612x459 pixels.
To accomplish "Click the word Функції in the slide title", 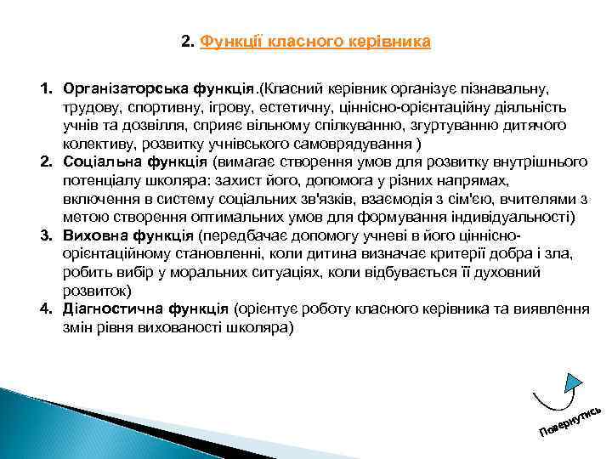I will [228, 41].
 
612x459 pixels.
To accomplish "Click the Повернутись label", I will [570, 416].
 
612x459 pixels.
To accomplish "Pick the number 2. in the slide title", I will [188, 41].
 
